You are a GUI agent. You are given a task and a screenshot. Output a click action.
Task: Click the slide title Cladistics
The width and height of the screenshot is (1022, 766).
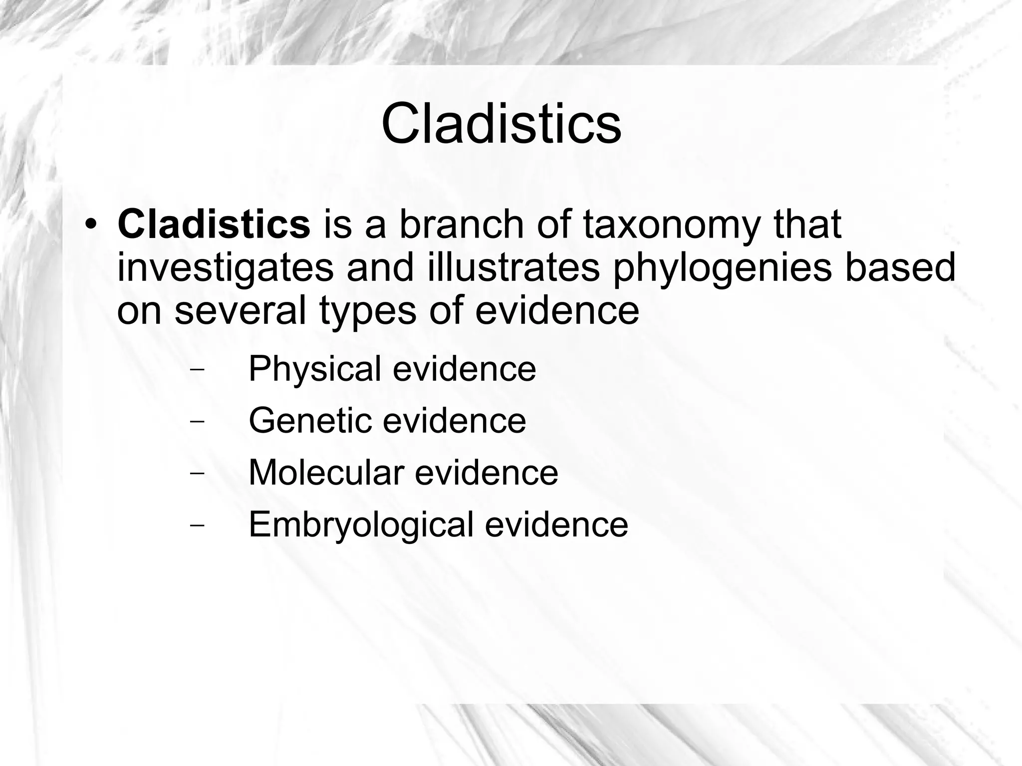pos(501,124)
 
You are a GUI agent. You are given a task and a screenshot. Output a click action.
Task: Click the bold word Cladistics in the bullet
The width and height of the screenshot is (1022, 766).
pos(214,225)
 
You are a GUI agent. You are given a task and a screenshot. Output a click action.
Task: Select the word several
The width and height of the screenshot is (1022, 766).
pos(240,310)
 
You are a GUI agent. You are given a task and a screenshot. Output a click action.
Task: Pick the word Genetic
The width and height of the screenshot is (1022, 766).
pos(310,421)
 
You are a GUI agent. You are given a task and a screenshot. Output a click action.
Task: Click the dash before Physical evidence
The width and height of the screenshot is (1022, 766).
pos(198,370)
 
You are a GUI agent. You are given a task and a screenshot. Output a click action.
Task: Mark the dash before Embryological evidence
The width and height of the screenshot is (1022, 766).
pos(198,525)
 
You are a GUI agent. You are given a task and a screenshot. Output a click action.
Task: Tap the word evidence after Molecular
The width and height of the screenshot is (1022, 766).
pos(487,473)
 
